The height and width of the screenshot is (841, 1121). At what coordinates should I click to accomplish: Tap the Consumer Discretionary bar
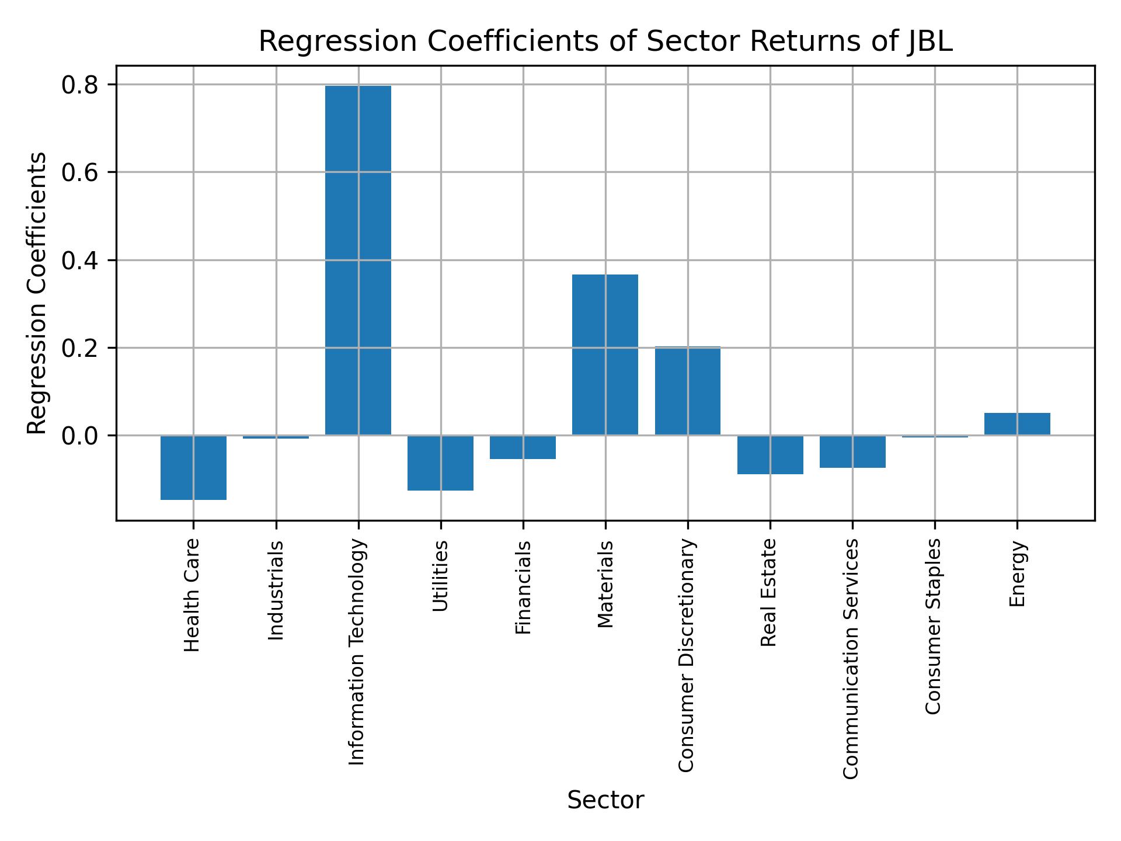687,391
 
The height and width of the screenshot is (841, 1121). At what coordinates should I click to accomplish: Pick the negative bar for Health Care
193,467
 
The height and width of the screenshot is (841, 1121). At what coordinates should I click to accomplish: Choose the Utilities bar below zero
440,463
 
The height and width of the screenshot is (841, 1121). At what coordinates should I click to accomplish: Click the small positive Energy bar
1017,424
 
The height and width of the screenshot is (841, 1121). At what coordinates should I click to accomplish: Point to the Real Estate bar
770,454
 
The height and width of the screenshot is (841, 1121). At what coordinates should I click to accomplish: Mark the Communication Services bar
852,451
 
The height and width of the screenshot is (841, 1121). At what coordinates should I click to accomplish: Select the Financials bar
523,447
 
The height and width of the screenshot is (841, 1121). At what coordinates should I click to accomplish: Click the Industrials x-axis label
276,590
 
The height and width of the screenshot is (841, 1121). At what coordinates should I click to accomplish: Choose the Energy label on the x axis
1018,574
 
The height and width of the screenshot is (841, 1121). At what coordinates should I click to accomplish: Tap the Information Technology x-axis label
357,652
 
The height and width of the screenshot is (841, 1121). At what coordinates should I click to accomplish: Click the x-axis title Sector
605,800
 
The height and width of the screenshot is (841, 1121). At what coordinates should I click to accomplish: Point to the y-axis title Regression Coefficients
37,293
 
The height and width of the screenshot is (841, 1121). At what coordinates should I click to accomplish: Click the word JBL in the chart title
929,42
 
